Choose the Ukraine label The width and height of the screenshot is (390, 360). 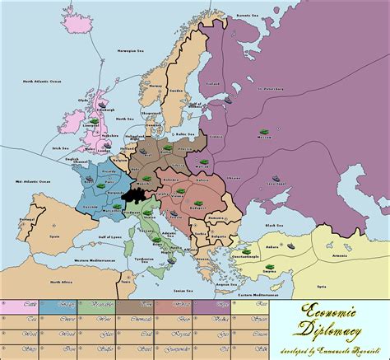pos(234,176)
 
